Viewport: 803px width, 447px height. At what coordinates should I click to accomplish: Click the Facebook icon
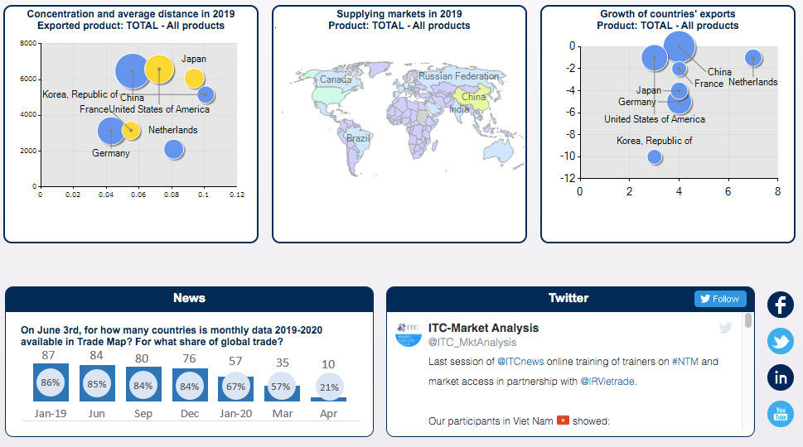tap(781, 305)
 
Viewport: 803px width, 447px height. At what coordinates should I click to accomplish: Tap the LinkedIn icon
tap(781, 377)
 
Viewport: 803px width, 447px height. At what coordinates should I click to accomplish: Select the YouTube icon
tap(781, 414)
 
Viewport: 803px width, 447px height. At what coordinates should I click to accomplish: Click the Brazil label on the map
tap(358, 138)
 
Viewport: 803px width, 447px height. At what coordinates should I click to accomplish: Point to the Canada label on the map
tap(336, 79)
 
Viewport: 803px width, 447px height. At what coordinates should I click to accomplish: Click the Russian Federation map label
tap(459, 76)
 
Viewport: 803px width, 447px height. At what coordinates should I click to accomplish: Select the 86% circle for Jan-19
tap(51, 383)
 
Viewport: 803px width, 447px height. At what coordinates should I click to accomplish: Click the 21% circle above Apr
tap(328, 387)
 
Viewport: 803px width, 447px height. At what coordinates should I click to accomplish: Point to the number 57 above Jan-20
tap(235, 361)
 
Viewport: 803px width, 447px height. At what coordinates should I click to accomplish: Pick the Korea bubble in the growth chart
tap(655, 156)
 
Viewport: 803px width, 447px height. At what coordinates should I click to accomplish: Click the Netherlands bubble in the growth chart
tap(753, 58)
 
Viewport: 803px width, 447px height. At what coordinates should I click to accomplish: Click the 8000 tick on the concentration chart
tap(27, 43)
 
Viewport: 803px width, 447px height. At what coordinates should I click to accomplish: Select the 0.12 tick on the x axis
tap(237, 195)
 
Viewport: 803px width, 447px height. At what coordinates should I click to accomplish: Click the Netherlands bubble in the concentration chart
tap(173, 149)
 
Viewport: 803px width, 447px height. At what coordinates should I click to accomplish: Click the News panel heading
tap(189, 298)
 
